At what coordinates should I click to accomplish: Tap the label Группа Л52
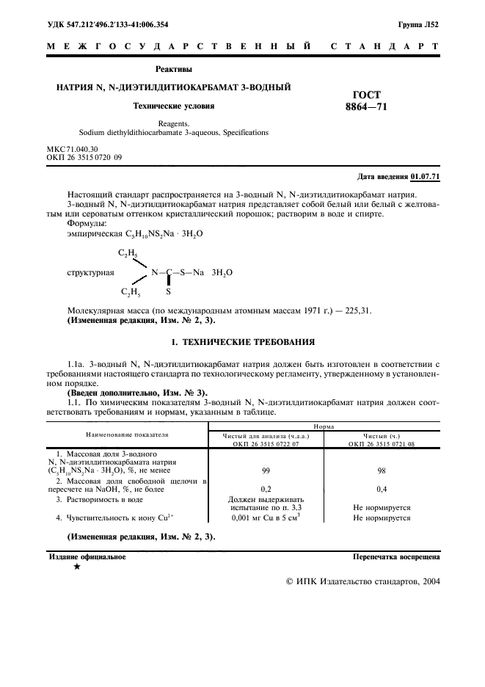pyautogui.click(x=418, y=24)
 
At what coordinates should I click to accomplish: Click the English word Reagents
pyautogui.click(x=173, y=124)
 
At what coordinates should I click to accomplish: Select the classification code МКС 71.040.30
pyautogui.click(x=72, y=149)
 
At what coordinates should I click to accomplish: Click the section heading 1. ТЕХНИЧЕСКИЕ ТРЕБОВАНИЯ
pyautogui.click(x=243, y=342)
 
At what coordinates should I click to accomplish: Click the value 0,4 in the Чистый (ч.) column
pyautogui.click(x=381, y=488)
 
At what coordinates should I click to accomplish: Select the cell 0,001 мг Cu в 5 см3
pyautogui.click(x=266, y=517)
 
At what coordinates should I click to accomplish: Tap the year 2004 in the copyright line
pyautogui.click(x=427, y=581)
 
